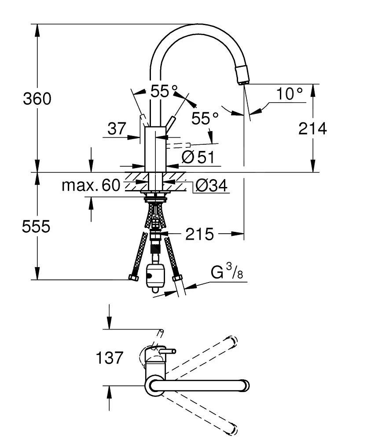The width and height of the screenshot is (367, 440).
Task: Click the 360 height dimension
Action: pos(37,99)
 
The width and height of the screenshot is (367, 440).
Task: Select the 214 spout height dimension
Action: pos(313,128)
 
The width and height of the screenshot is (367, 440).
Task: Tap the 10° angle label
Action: pos(290,93)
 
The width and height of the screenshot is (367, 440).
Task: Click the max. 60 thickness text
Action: pos(91,185)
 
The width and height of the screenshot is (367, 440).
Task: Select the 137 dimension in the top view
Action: pos(109,357)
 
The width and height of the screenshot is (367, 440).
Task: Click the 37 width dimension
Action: pos(117,129)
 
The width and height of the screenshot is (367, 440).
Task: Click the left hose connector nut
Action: pos(133,278)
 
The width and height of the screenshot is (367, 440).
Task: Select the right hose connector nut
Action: pos(178,278)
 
